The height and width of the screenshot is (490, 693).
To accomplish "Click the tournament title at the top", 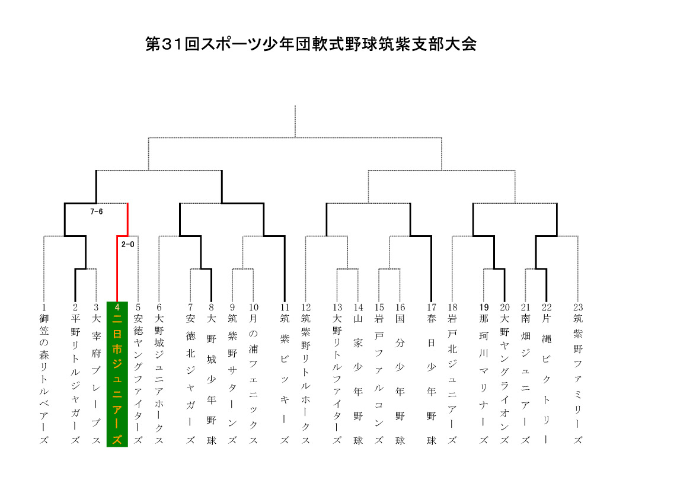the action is pyautogui.click(x=311, y=44).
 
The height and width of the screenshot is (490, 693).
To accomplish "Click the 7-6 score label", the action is pyautogui.click(x=97, y=212).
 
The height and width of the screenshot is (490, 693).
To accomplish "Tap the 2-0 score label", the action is pyautogui.click(x=127, y=244).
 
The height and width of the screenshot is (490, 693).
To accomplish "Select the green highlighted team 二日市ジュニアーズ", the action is pyautogui.click(x=117, y=374).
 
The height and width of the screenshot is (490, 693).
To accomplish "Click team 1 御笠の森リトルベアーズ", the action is pyautogui.click(x=44, y=374).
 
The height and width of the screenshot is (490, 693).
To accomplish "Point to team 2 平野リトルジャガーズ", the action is pyautogui.click(x=75, y=374).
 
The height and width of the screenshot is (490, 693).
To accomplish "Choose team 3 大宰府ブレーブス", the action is pyautogui.click(x=96, y=374).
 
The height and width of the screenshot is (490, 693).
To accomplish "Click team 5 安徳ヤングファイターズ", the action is pyautogui.click(x=138, y=374).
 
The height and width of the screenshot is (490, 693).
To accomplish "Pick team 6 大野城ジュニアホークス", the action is pyautogui.click(x=159, y=374).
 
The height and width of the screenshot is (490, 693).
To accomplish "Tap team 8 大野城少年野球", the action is pyautogui.click(x=211, y=374).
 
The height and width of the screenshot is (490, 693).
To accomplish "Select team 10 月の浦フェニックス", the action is pyautogui.click(x=253, y=374).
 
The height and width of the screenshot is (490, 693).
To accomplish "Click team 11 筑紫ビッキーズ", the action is pyautogui.click(x=285, y=374).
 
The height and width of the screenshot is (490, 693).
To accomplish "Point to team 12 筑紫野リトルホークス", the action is pyautogui.click(x=306, y=374).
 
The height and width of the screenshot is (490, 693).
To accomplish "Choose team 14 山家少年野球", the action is pyautogui.click(x=358, y=374).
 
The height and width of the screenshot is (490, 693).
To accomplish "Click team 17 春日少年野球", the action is pyautogui.click(x=432, y=374).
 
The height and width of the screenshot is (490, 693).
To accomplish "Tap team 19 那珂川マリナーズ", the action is pyautogui.click(x=484, y=374).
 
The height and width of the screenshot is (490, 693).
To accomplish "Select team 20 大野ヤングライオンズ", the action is pyautogui.click(x=504, y=374).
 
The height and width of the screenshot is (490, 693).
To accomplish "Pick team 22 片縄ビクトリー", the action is pyautogui.click(x=547, y=374).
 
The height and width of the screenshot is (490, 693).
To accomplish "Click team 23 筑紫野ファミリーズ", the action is pyautogui.click(x=578, y=374).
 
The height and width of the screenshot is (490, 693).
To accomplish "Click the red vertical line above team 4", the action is pyautogui.click(x=117, y=268).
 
